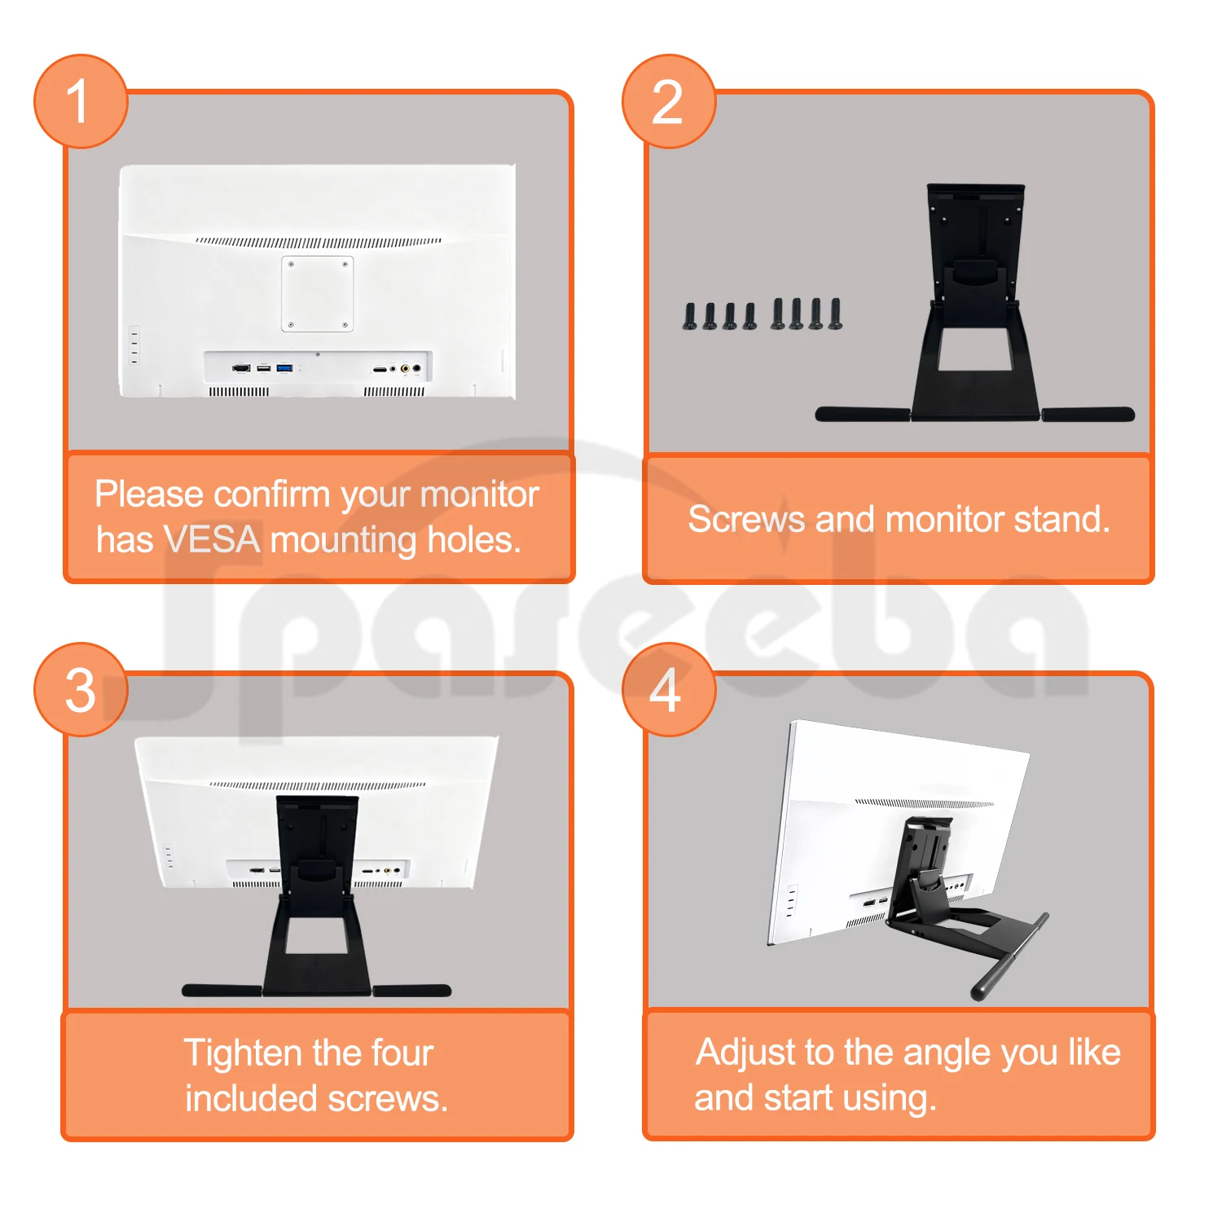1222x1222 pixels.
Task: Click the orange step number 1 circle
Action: pos(81,102)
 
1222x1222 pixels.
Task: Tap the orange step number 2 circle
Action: pos(668,102)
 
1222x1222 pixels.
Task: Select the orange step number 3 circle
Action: pos(81,690)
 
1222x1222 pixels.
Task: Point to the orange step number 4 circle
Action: pos(668,690)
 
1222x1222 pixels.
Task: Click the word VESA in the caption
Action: pos(212,539)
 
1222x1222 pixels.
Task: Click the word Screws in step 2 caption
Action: pos(746,519)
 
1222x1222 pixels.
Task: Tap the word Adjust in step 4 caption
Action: pos(745,1053)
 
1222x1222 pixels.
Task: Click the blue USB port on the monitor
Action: pos(284,368)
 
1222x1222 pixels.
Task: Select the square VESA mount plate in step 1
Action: pos(318,293)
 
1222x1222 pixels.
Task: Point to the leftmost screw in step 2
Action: pos(690,316)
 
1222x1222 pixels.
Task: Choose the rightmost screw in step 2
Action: pos(835,314)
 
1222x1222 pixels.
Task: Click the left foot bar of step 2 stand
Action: pos(862,415)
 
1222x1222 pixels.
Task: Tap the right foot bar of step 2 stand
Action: pos(1088,415)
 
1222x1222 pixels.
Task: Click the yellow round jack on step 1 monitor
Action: pos(405,369)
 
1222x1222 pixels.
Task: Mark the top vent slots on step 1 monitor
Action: pos(319,242)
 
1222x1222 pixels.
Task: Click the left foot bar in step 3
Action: pos(222,991)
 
